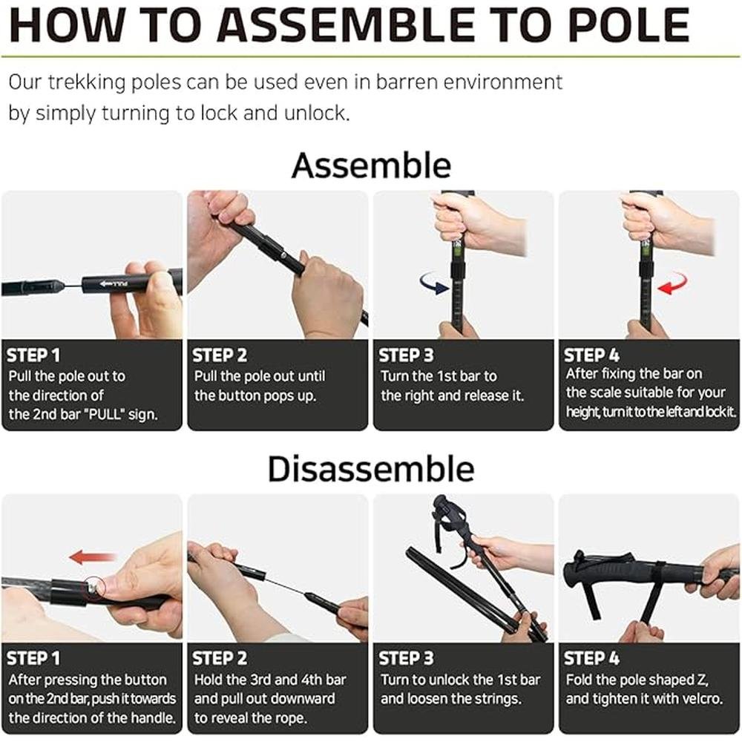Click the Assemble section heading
click(x=372, y=165)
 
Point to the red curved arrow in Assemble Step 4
click(x=672, y=283)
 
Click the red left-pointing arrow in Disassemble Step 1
click(x=93, y=556)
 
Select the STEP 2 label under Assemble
click(x=220, y=355)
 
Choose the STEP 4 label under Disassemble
click(x=591, y=658)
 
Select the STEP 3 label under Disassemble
click(x=406, y=658)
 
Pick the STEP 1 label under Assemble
click(x=33, y=355)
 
